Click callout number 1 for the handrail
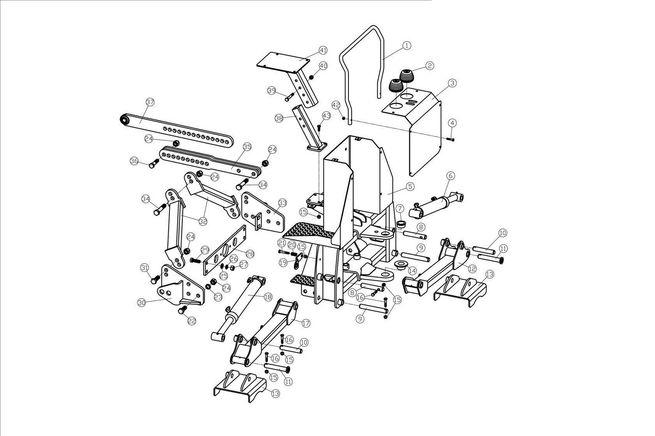point(406,46)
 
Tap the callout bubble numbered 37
point(150,102)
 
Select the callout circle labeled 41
point(323,50)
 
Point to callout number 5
point(410,186)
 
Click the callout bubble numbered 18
point(268,297)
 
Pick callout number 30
point(142,302)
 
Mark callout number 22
point(192,321)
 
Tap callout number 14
point(412,271)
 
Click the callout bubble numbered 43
point(326,116)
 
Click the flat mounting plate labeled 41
point(283,62)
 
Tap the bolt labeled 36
point(153,164)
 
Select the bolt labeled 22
point(182,310)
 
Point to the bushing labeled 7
point(401,224)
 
